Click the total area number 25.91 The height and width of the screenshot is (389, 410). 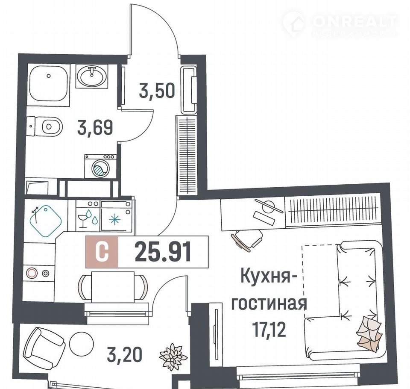pyautogui.click(x=163, y=252)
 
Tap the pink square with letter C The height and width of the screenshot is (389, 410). pyautogui.click(x=102, y=252)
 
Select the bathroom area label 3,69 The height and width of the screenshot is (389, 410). pyautogui.click(x=95, y=127)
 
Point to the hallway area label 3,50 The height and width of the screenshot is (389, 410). pyautogui.click(x=157, y=91)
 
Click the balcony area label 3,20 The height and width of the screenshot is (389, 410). pyautogui.click(x=124, y=354)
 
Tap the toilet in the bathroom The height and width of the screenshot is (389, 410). pyautogui.click(x=45, y=127)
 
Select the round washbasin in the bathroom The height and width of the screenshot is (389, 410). pyautogui.click(x=91, y=76)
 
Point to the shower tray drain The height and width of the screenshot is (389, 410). pyautogui.click(x=49, y=76)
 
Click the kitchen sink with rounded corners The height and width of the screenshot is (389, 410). pyautogui.click(x=46, y=221)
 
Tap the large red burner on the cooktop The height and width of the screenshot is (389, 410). pyautogui.click(x=32, y=273)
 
